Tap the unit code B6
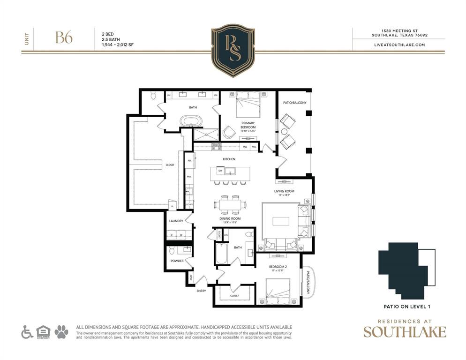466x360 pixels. (x=64, y=38)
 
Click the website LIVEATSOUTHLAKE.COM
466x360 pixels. (x=399, y=45)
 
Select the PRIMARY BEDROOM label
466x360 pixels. (x=248, y=125)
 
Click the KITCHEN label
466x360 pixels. (x=229, y=159)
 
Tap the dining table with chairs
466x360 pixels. (x=230, y=204)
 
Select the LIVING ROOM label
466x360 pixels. (x=284, y=191)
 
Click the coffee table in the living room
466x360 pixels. (x=281, y=221)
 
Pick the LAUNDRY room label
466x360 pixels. (x=176, y=220)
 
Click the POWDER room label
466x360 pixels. (x=177, y=261)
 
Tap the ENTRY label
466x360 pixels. (x=201, y=291)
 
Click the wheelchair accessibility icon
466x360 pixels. (x=27, y=332)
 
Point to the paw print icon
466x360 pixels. (x=61, y=332)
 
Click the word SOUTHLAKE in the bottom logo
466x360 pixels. (x=405, y=331)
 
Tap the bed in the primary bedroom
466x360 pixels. (x=247, y=104)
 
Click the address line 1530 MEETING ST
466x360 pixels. (x=399, y=30)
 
